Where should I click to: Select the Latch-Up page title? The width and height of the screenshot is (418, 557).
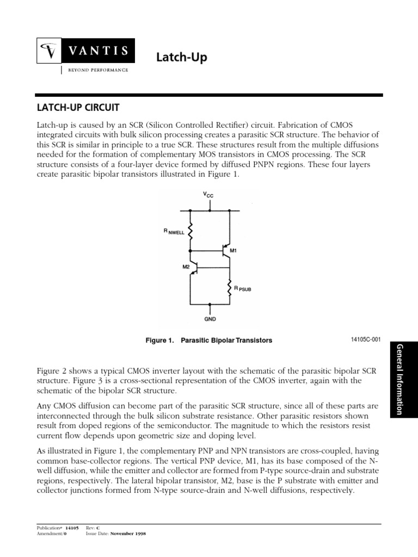(182, 57)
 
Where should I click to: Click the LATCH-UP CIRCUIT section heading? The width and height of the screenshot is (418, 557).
(77, 108)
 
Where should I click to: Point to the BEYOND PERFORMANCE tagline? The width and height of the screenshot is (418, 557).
(97, 71)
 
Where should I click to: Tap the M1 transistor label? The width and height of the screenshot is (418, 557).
(234, 250)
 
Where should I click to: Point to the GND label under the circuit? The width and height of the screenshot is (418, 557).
(210, 320)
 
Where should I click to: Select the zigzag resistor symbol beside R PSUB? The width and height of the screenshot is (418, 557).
(229, 287)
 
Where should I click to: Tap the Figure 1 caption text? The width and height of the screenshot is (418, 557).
(208, 341)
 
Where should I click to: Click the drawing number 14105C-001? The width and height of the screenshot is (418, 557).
(366, 339)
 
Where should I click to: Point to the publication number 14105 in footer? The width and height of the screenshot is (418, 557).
(72, 528)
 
